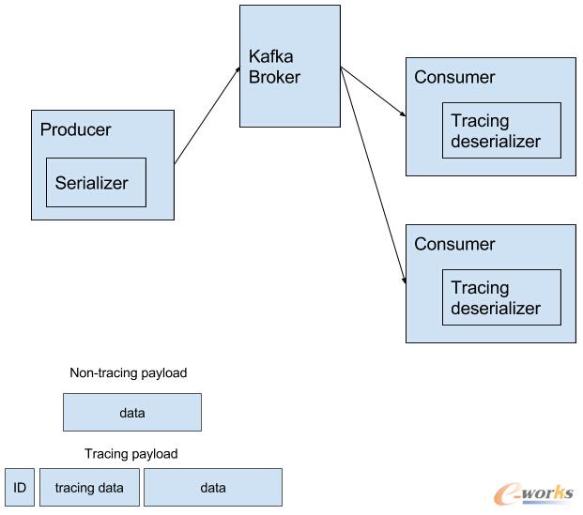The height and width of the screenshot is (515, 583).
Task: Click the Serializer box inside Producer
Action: pos(96,183)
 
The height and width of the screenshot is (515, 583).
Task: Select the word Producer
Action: pos(75,129)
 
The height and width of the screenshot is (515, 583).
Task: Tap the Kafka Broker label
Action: pos(274,66)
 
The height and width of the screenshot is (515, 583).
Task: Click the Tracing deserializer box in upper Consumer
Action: pos(501,130)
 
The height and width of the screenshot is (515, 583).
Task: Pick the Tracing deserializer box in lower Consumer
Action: pos(501,297)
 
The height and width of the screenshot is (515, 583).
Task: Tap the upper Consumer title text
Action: pos(454,77)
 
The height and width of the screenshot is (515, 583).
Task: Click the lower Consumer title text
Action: pos(454,244)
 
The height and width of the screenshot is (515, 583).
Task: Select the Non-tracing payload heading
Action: pos(129,373)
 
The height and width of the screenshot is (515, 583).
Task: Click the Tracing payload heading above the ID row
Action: pos(131,454)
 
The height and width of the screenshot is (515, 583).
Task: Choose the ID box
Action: pos(19,488)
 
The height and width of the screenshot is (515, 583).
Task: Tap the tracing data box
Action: pos(89,488)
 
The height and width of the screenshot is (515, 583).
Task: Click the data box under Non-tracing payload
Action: pos(132,412)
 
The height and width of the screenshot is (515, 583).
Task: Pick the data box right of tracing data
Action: pos(213,488)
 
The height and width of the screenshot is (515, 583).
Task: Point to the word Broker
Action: pos(274,77)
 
